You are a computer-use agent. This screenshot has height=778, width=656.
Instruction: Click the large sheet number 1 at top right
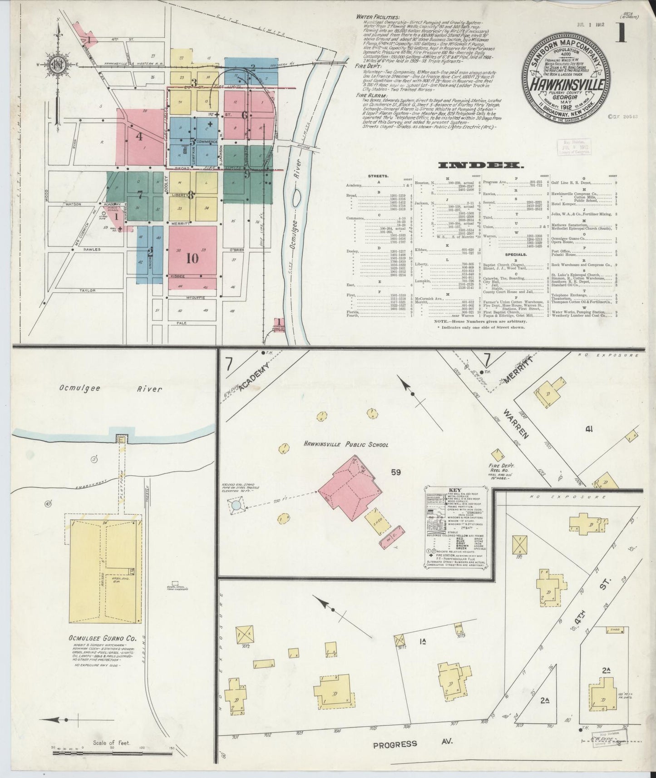tap(621, 34)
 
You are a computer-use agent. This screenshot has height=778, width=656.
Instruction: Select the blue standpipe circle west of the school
tap(235, 505)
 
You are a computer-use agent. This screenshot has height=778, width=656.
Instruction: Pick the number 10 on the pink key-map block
tap(192, 258)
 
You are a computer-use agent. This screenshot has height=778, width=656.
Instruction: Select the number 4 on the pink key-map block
tap(140, 136)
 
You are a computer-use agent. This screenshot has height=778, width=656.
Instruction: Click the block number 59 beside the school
tap(396, 473)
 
